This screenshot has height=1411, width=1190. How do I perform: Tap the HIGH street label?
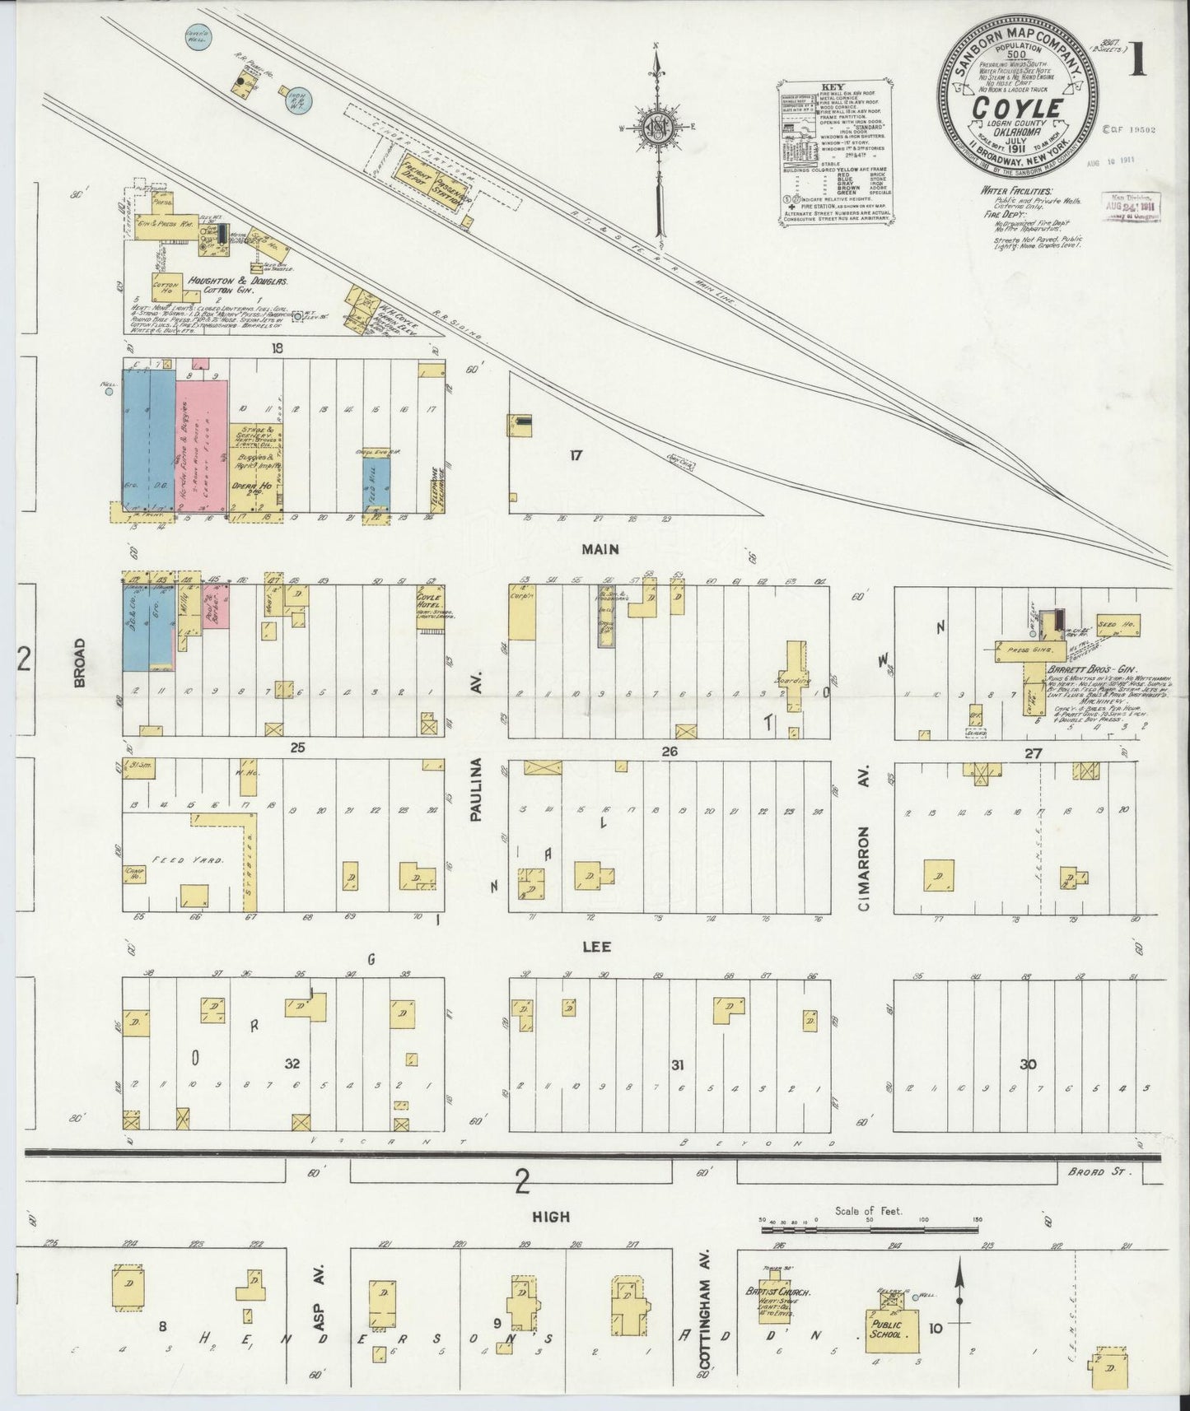[x=552, y=1216]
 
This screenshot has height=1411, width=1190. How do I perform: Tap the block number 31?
[x=677, y=1065]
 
